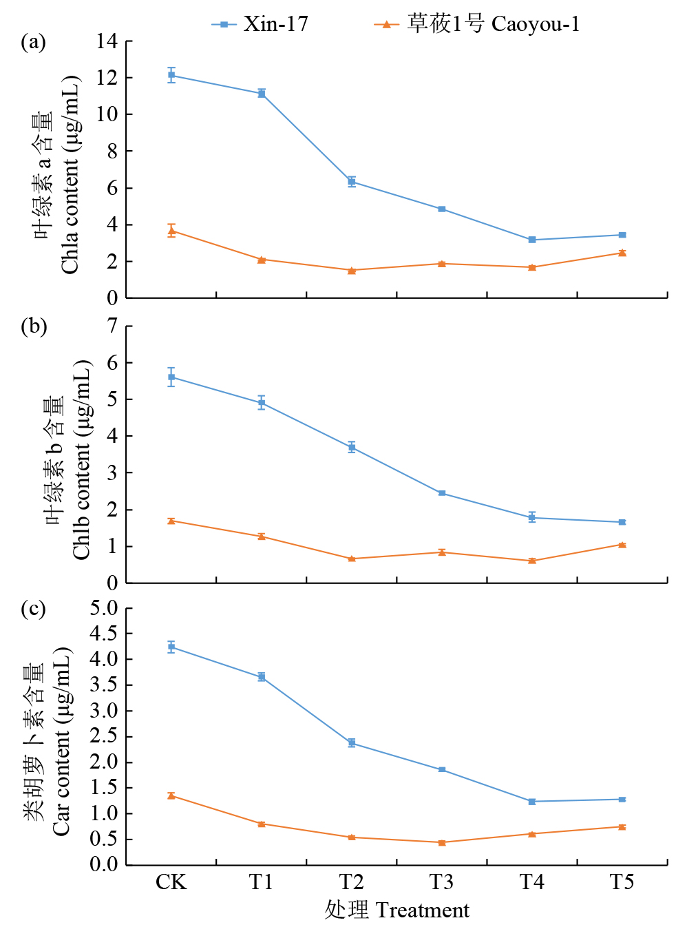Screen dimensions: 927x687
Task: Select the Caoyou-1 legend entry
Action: pos(477,24)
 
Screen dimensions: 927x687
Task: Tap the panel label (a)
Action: pos(33,42)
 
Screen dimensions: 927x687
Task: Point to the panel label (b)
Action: pos(33,326)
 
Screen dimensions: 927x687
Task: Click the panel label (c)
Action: pos(33,609)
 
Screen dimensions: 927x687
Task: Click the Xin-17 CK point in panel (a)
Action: pos(171,75)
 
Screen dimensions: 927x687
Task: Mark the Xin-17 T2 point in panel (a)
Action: pos(352,182)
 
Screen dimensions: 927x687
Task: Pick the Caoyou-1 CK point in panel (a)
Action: pos(171,231)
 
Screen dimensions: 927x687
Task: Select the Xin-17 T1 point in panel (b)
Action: pos(262,403)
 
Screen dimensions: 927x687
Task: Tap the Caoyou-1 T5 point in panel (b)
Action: pos(622,545)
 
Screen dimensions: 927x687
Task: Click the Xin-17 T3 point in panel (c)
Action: pos(442,769)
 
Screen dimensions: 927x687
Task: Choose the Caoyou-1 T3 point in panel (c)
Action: pos(442,842)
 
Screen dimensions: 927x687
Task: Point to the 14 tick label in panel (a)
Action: pos(107,41)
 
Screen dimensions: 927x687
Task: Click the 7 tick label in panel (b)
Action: pos(112,326)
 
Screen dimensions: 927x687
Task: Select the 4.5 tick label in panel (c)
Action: pos(104,634)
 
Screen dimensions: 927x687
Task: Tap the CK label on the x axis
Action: pos(171,882)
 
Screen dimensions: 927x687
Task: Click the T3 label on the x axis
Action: pos(441,882)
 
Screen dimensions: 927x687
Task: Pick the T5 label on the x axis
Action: pos(622,882)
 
